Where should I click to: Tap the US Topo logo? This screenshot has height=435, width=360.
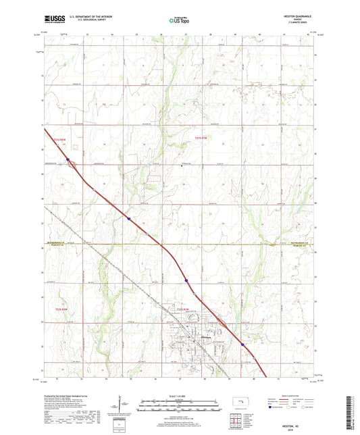179,21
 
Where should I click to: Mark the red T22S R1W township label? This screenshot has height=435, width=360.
182,309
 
